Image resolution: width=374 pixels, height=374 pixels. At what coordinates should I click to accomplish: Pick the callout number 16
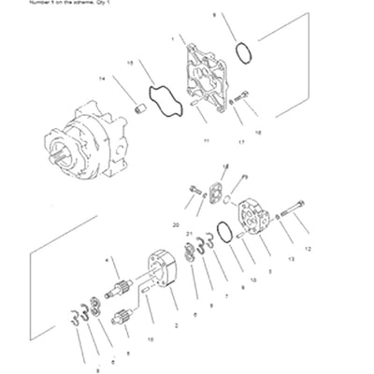click(258, 132)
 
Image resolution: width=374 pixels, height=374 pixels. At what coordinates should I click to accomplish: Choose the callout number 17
click(240, 142)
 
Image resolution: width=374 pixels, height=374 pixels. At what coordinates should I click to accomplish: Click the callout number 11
click(204, 139)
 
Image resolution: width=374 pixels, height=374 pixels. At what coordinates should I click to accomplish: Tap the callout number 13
click(291, 258)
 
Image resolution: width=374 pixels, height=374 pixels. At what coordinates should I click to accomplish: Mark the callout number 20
click(176, 225)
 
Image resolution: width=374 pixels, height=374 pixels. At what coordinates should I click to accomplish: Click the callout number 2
click(176, 324)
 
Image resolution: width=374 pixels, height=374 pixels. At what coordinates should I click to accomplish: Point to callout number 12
click(307, 250)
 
